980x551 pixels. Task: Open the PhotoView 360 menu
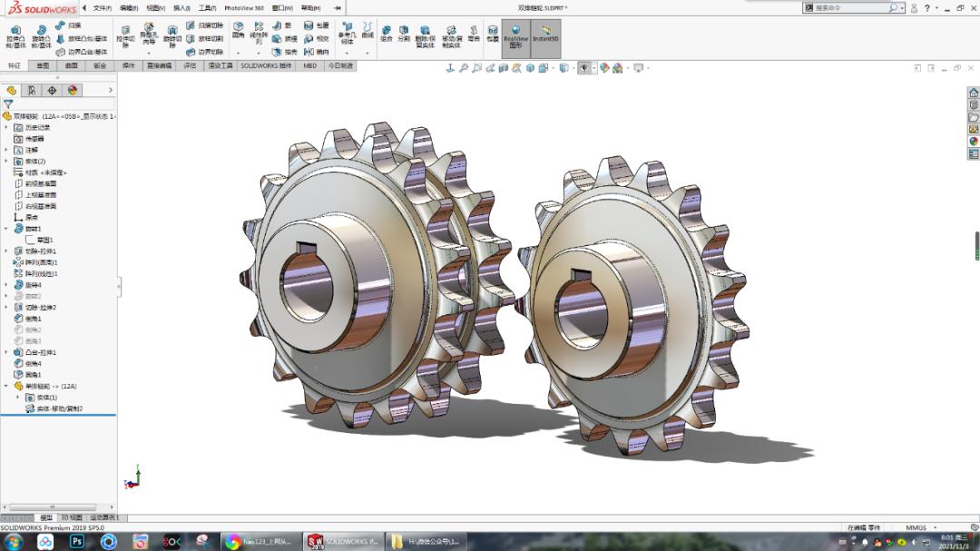[x=244, y=8]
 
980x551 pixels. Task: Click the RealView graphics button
[x=515, y=39]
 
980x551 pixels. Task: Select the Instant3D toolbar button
[x=545, y=39]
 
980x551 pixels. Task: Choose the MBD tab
[x=309, y=65]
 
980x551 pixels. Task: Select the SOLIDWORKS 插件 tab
[x=266, y=65]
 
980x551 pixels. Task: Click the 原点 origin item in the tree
[x=32, y=217]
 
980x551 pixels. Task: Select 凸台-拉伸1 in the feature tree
[x=40, y=352]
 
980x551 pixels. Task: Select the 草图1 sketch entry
[x=44, y=240]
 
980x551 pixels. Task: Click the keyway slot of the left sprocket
[x=308, y=248]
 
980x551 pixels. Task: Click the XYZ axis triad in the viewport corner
[x=134, y=476]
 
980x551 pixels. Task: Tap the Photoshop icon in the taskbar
[x=77, y=542]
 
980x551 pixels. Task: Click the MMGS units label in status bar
[x=916, y=527]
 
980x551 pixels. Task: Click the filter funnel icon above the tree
[x=8, y=104]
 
